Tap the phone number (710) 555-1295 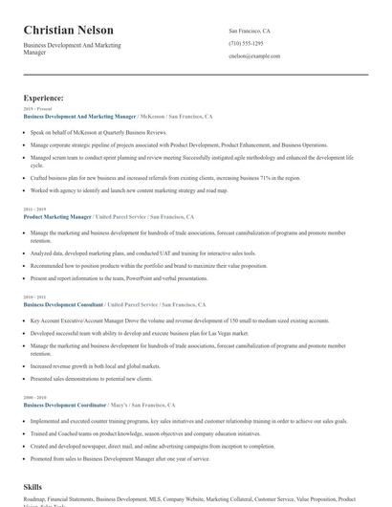247,44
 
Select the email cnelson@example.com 254,56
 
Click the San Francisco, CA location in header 250,31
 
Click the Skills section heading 33,487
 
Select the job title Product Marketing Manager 57,217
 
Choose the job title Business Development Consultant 63,304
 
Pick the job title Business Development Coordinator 65,406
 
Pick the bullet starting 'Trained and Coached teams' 144,433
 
